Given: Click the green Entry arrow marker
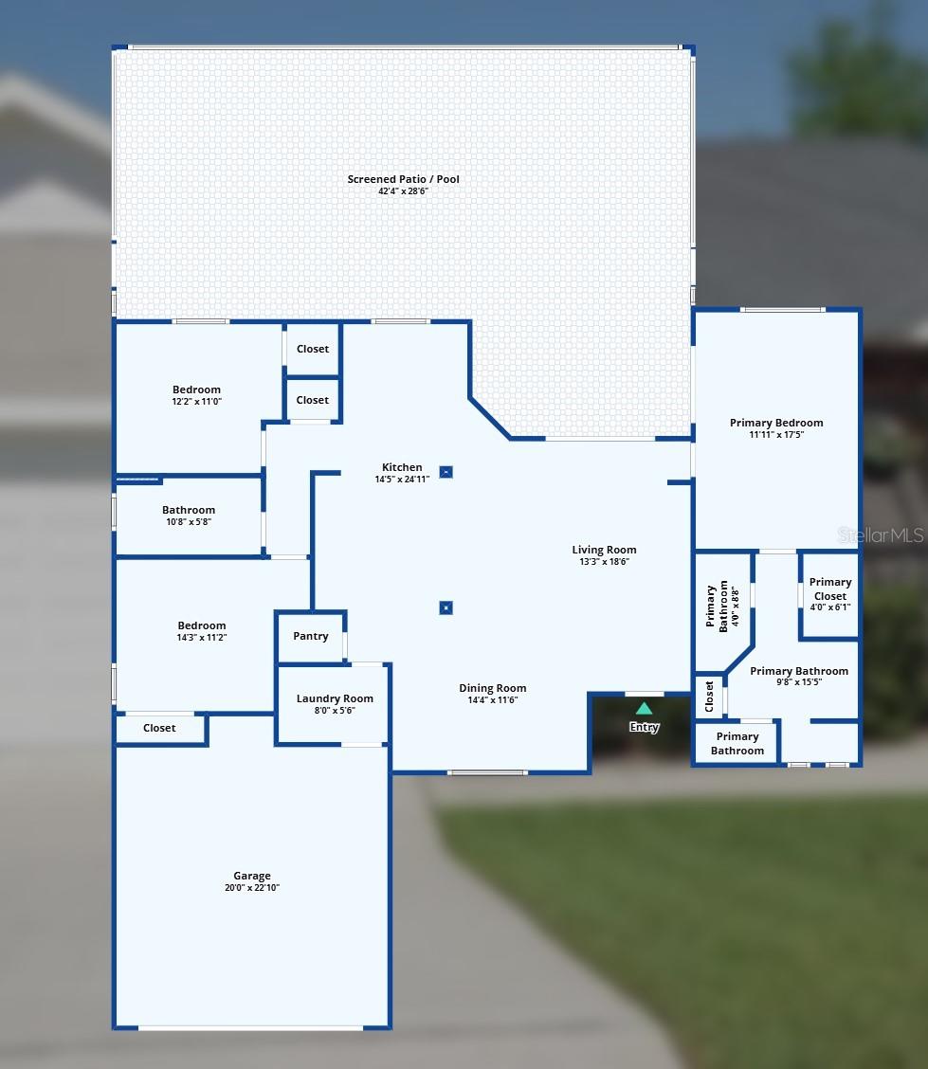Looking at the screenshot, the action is (x=644, y=708).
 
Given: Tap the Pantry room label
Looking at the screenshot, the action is (x=311, y=636).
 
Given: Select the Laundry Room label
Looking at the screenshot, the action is (x=335, y=698).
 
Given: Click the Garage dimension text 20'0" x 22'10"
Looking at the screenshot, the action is (x=252, y=888).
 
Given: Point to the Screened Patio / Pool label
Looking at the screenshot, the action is (x=404, y=178).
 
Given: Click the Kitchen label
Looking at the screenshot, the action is (x=402, y=467).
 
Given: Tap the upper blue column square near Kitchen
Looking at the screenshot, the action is (x=446, y=472).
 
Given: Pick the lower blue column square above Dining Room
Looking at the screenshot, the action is (x=446, y=607).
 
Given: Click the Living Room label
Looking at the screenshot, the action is (x=604, y=550).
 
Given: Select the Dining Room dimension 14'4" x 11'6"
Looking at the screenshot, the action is (x=493, y=700).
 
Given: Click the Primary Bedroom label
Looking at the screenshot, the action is (x=776, y=423).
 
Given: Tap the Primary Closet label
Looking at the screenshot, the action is (x=830, y=589).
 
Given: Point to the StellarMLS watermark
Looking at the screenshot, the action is (x=881, y=535).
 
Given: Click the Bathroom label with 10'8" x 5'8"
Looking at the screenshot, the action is (x=189, y=510).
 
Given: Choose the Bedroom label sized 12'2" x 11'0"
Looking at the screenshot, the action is (x=196, y=390).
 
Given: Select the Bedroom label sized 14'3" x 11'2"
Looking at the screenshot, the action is (x=202, y=625).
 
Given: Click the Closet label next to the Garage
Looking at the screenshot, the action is (x=159, y=728).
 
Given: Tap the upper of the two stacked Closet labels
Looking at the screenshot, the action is (x=313, y=349).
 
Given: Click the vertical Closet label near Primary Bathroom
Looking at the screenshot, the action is (x=709, y=696).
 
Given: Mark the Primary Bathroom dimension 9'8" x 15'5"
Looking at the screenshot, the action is (x=799, y=681).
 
